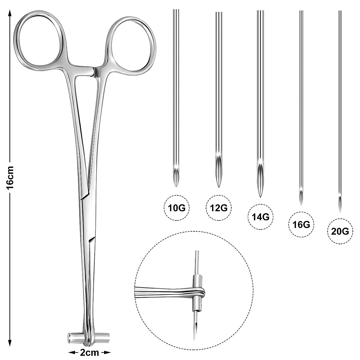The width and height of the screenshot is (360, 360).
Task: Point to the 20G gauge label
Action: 340,232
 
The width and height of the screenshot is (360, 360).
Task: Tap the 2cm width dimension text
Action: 89,352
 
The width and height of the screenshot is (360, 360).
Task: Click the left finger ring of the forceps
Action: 39,39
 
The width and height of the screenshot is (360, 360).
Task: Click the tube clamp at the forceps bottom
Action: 88,338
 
